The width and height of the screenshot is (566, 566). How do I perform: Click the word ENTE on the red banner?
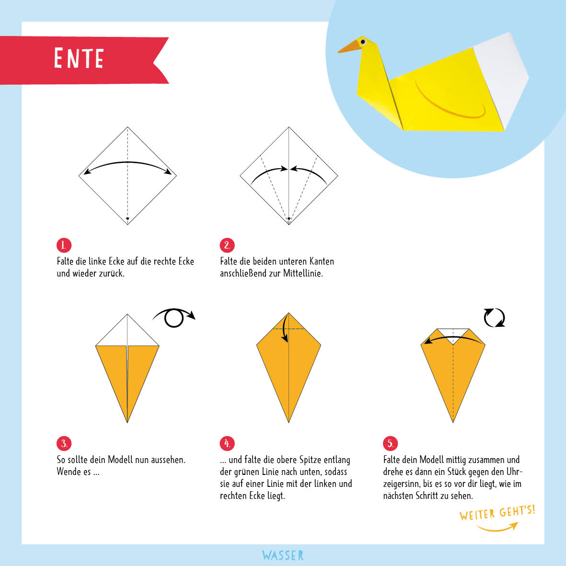pyautogui.click(x=79, y=58)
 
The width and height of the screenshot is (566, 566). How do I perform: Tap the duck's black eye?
pyautogui.click(x=363, y=42)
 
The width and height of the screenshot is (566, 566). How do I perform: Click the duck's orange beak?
pyautogui.click(x=349, y=46)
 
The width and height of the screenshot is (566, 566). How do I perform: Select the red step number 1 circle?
pyautogui.click(x=64, y=245)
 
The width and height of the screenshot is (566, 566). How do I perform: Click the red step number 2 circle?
pyautogui.click(x=227, y=245)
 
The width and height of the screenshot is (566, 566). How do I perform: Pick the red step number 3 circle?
pyautogui.click(x=64, y=443)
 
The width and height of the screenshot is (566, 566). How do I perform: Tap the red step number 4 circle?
pyautogui.click(x=227, y=443)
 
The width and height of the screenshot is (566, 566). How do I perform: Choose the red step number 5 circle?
pyautogui.click(x=390, y=443)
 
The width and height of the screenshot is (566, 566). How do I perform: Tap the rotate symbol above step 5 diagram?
pyautogui.click(x=494, y=318)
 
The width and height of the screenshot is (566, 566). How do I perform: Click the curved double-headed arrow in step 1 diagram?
pyautogui.click(x=127, y=162)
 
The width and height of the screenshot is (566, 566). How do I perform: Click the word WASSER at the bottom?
pyautogui.click(x=283, y=555)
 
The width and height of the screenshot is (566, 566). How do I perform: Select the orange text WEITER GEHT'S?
pyautogui.click(x=497, y=513)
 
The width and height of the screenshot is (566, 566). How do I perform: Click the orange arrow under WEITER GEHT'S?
pyautogui.click(x=497, y=529)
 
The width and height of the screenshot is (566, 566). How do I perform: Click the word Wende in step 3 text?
pyautogui.click(x=74, y=472)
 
